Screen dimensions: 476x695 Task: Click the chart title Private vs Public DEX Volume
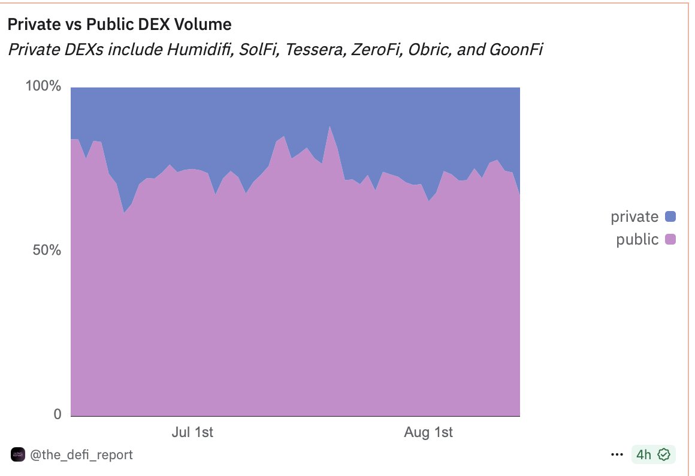119,25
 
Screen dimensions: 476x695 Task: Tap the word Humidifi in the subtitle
200,49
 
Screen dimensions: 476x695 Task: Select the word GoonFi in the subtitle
515,49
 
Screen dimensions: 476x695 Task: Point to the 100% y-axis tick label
43,86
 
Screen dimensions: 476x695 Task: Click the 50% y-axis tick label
47,250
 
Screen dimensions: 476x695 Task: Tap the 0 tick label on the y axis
57,414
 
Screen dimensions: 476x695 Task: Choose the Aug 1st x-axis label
428,432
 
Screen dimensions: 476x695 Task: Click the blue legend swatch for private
670,216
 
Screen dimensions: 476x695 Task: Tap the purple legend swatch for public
670,240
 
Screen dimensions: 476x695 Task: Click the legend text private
634,216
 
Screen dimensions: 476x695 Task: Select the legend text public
637,240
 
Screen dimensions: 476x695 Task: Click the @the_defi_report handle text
81,455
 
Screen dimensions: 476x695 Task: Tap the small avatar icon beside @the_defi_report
19,455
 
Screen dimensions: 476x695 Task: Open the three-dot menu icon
617,455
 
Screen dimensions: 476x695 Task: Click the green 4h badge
653,455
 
